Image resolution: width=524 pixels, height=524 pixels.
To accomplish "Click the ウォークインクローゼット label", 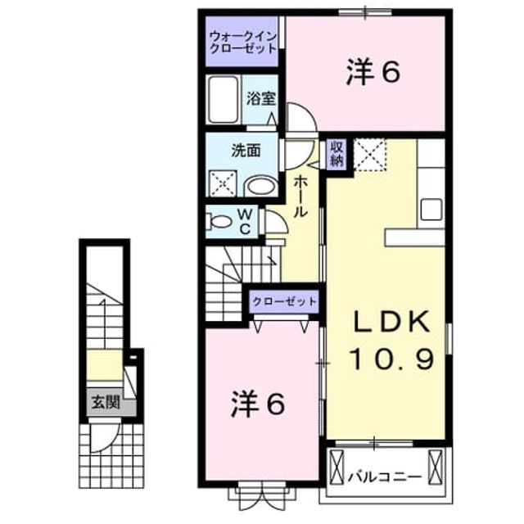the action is pos(243,42).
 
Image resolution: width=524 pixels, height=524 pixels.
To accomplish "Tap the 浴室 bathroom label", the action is pos(261,98).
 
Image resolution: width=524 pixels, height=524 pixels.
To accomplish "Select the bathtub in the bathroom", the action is pos(224,99).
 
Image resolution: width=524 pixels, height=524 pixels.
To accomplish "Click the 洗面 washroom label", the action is pos(246,151).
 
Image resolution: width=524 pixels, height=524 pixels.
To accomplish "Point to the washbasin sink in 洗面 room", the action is pos(261,186).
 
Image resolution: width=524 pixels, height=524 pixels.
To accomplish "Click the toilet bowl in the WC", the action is pos(219,222).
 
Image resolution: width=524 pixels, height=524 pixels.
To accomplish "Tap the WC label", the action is pos(245,221).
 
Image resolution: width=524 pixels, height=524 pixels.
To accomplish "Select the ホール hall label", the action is pos(300,196).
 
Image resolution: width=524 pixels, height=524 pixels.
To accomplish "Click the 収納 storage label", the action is pos(337,154).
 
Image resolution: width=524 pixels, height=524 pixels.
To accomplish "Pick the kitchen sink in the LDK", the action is pos(431,210).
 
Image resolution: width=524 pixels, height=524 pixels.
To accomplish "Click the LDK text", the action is pos(391,322).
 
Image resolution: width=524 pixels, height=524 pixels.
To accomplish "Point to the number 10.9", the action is pos(391,359).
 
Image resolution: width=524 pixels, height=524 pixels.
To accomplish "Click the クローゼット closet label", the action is pos(284,302).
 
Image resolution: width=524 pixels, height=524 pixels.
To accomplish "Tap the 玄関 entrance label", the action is pos(106,402).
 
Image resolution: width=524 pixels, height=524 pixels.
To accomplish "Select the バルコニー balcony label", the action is pos(384,477).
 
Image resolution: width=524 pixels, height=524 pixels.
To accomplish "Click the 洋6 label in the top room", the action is pos(373,73).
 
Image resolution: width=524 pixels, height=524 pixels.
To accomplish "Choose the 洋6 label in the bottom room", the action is pos(258,404).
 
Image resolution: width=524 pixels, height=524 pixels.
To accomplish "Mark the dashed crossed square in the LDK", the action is pos(370,155).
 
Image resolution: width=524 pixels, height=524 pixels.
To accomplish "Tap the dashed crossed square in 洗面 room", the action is pos(223,183).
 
